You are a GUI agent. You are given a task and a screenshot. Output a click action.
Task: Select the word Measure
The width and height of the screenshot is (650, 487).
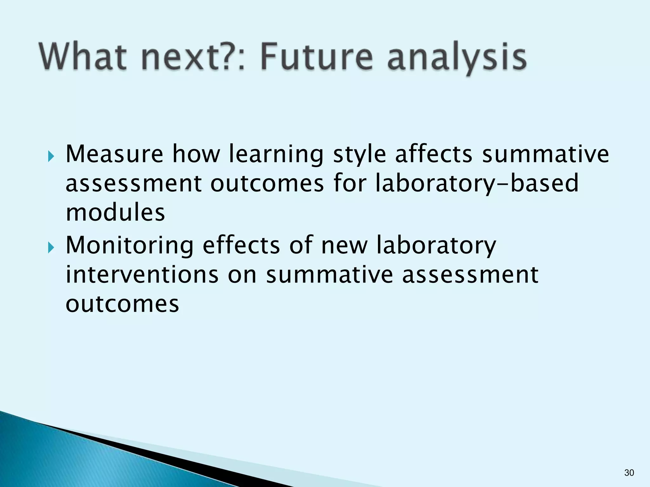[x=114, y=154]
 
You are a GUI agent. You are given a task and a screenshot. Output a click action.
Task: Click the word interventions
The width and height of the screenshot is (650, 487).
[x=142, y=274]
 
